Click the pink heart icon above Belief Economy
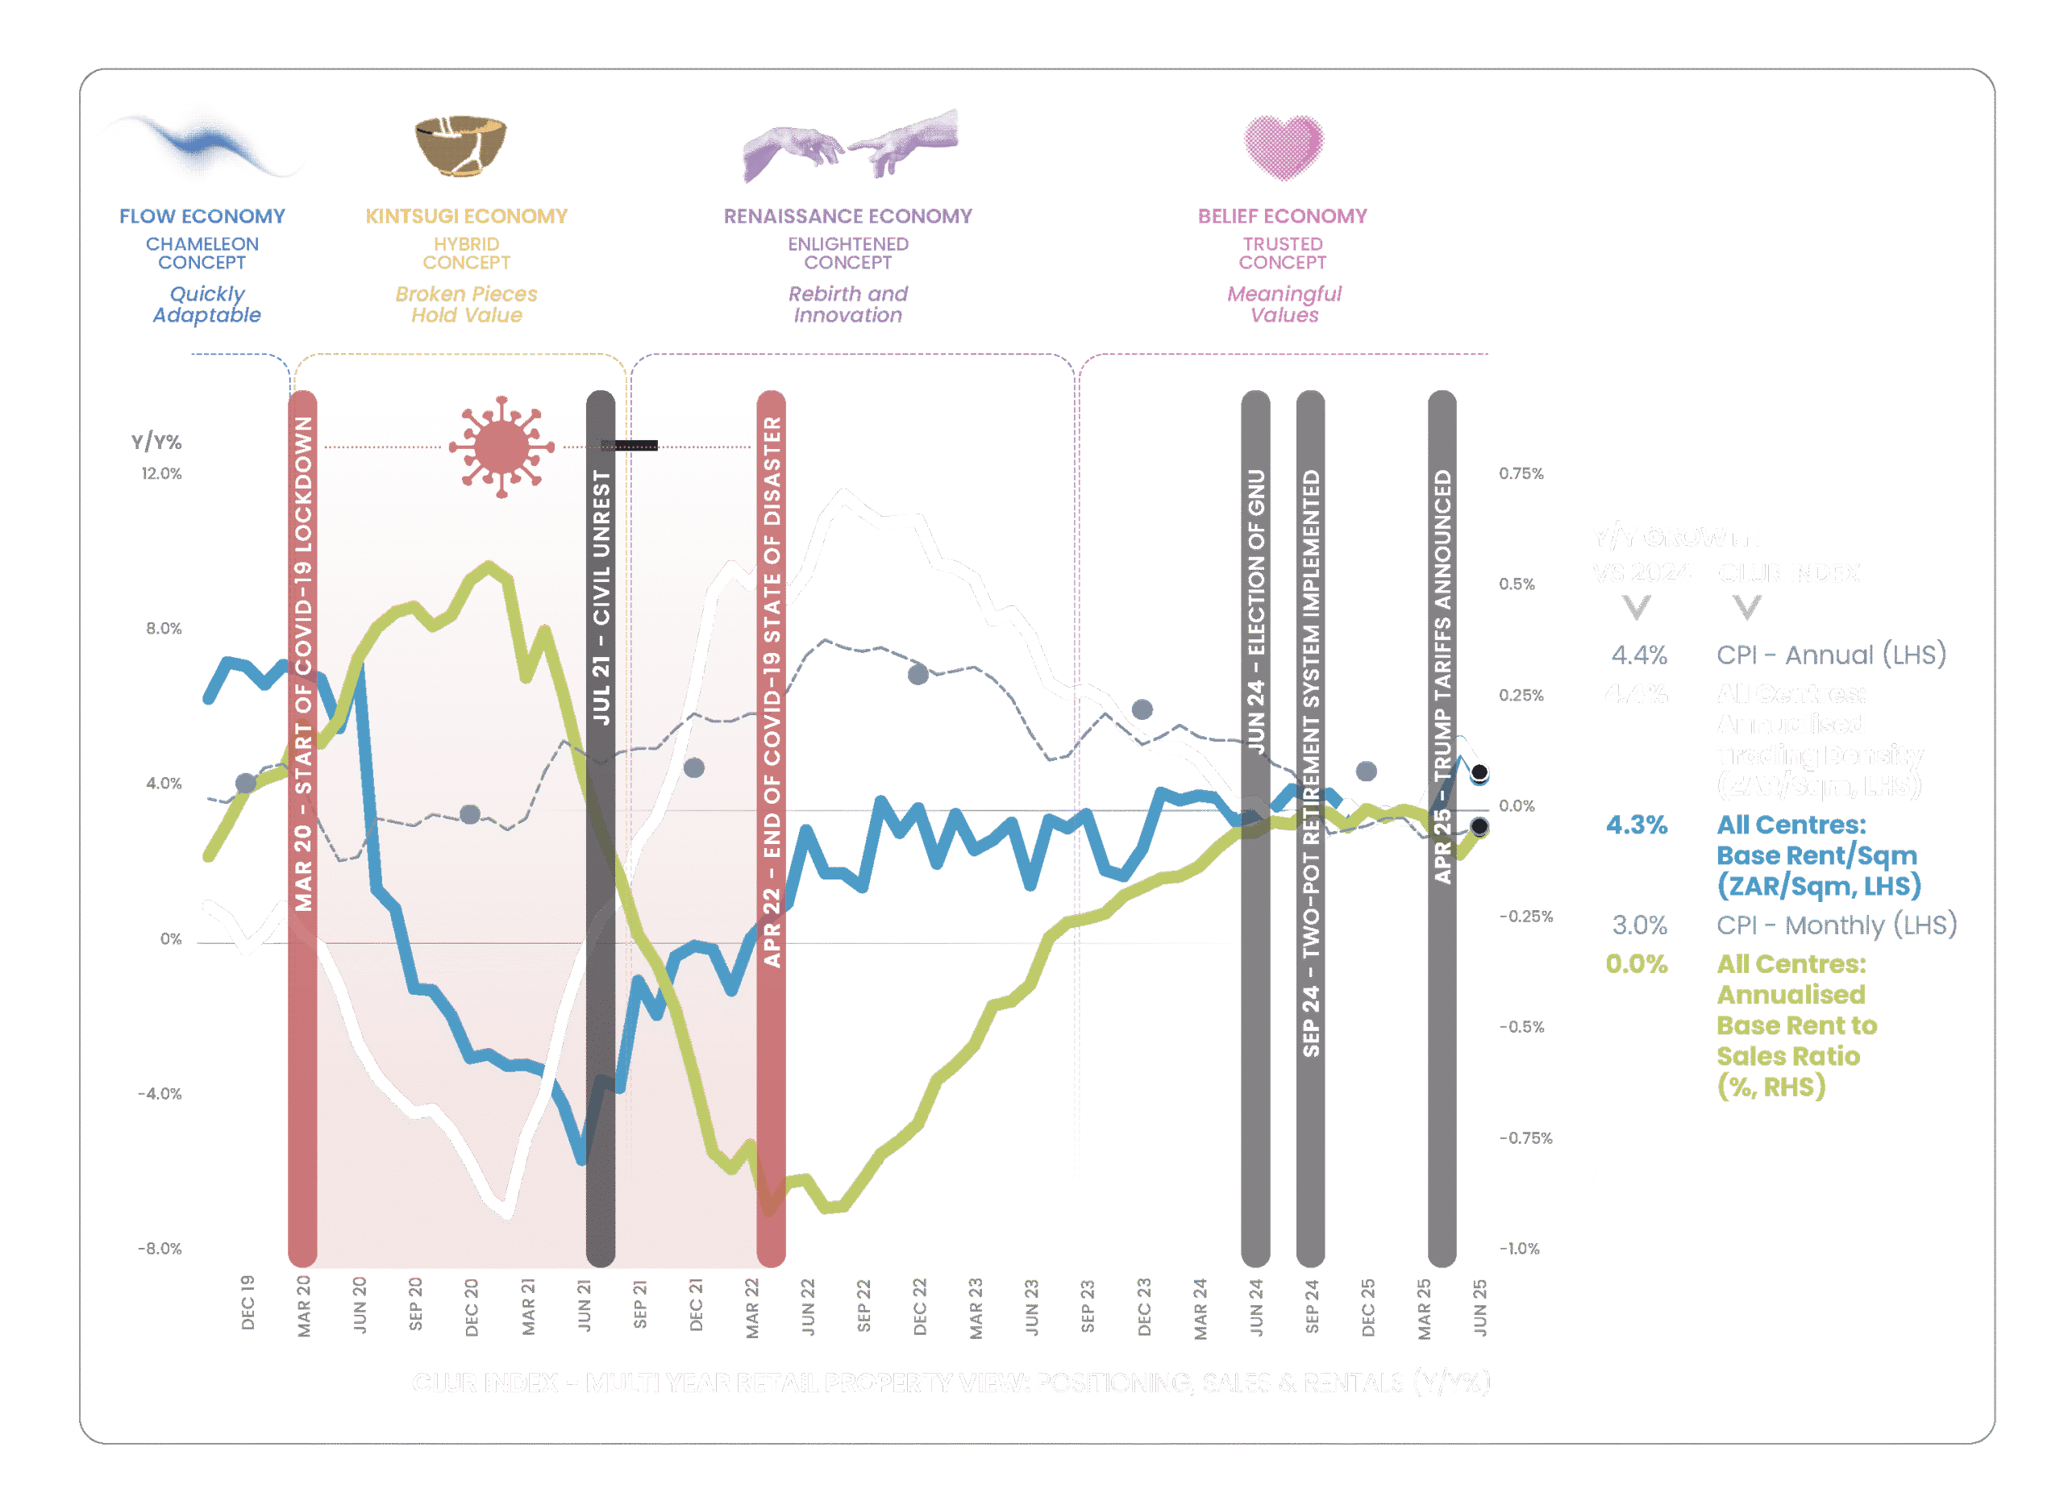(x=1284, y=147)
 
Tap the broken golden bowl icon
(x=460, y=143)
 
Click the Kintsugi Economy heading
(x=466, y=217)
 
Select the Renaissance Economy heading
(x=847, y=217)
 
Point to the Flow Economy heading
(x=202, y=217)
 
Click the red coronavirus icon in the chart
(x=500, y=446)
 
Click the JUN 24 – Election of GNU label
(x=1256, y=612)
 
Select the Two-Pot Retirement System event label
(x=1310, y=763)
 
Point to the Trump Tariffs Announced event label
(x=1442, y=676)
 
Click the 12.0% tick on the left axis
(x=161, y=473)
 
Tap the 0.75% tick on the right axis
(x=1521, y=473)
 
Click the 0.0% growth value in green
(x=1636, y=963)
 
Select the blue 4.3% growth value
(x=1636, y=825)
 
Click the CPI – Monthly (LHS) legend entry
(x=1837, y=925)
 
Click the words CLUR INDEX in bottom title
(x=484, y=1383)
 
